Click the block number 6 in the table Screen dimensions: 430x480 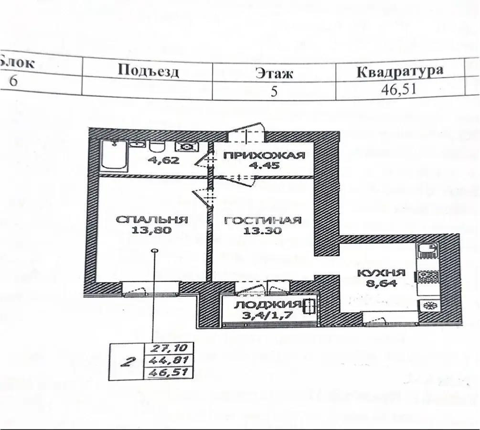click(14, 80)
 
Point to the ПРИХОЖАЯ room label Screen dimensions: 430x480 click(264, 156)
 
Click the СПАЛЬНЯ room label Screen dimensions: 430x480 click(152, 220)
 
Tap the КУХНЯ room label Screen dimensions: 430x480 click(382, 273)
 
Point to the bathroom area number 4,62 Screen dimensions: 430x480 click(163, 161)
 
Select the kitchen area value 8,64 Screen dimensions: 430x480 click(382, 283)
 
